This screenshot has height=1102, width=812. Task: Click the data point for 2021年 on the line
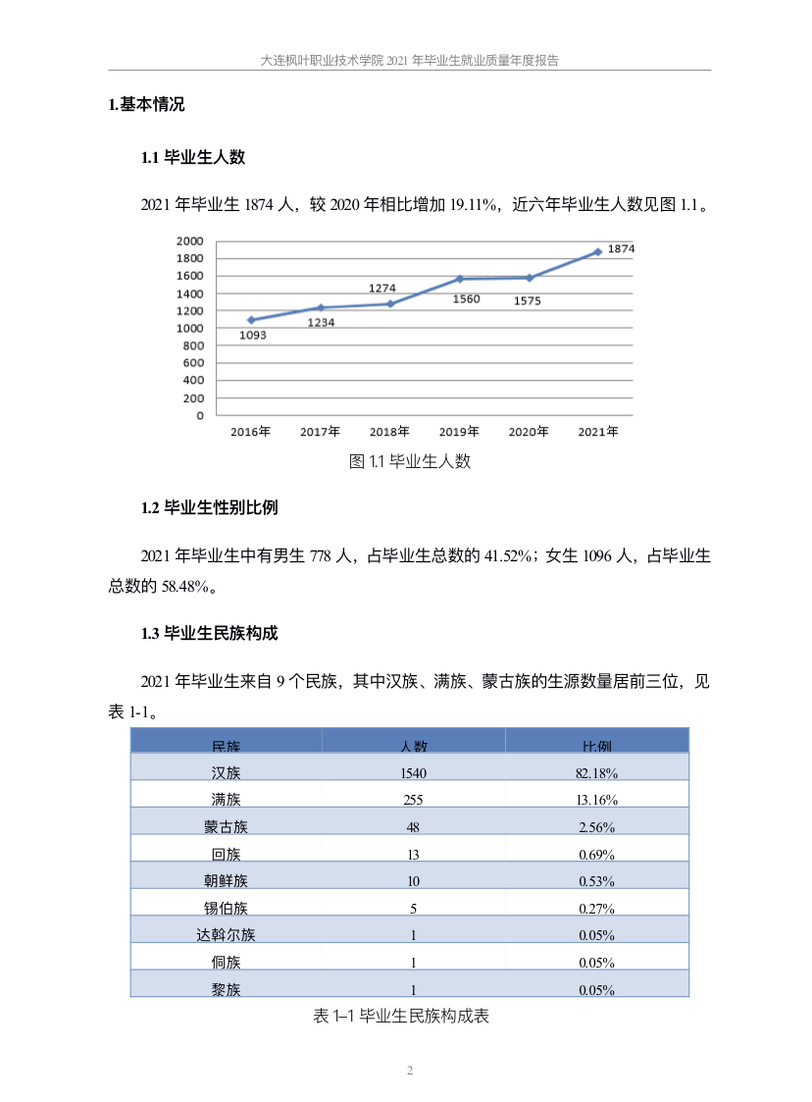(597, 252)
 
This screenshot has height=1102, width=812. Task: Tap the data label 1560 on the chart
(466, 299)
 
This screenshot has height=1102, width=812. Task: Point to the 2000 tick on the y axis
(189, 241)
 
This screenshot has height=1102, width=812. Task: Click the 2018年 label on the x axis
(389, 432)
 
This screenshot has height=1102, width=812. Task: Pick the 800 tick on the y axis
(193, 345)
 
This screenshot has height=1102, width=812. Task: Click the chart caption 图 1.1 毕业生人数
(410, 461)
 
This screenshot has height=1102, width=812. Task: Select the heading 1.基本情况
(146, 105)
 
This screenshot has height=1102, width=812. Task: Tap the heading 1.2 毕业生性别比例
(210, 508)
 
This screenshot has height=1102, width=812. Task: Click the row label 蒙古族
(226, 827)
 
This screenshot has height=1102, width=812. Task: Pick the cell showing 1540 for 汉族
(414, 773)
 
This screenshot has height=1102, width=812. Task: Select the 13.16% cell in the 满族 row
(596, 800)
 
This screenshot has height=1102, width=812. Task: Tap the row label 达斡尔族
(226, 935)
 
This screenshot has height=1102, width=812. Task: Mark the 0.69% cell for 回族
(596, 854)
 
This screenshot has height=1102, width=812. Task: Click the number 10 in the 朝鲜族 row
(414, 880)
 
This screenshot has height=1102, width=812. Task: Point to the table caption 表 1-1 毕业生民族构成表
(400, 1017)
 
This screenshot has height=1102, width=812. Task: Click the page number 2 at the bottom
(410, 1071)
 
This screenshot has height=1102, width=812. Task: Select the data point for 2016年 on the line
(251, 320)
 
